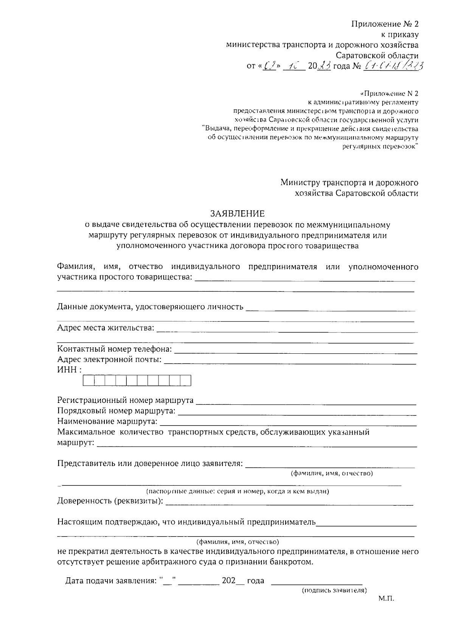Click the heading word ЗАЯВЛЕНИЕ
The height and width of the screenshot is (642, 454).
pyautogui.click(x=238, y=214)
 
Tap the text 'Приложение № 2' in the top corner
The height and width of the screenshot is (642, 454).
pyautogui.click(x=385, y=24)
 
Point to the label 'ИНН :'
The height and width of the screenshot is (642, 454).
pyautogui.click(x=70, y=370)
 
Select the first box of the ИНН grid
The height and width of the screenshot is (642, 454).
pyautogui.click(x=89, y=381)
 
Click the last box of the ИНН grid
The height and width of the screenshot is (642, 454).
pyautogui.click(x=185, y=381)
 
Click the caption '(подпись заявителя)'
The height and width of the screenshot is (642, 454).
pyautogui.click(x=334, y=590)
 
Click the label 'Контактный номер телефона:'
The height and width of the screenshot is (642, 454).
pyautogui.click(x=114, y=349)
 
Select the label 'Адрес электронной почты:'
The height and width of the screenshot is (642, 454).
pyautogui.click(x=109, y=359)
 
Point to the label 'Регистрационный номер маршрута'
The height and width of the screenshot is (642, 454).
pyautogui.click(x=125, y=400)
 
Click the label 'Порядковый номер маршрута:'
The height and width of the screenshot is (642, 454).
pyautogui.click(x=116, y=411)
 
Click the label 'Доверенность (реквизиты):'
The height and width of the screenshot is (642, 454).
pyautogui.click(x=110, y=501)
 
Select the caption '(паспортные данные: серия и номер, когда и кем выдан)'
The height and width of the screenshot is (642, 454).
pyautogui.click(x=238, y=491)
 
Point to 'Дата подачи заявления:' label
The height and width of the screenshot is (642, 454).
pyautogui.click(x=110, y=581)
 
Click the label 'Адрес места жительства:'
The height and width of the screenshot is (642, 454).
pyautogui.click(x=106, y=328)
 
